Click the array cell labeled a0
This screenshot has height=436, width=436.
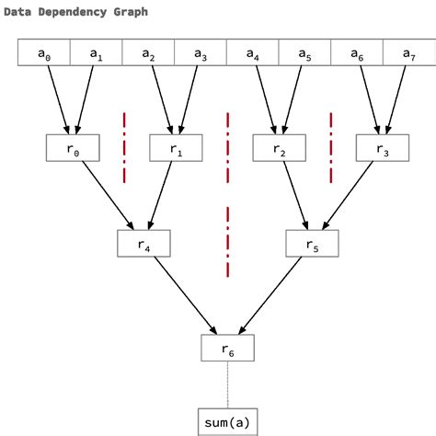coord(44,54)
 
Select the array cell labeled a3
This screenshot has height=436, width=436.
coord(201,54)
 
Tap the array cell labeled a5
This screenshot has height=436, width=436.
coord(304,54)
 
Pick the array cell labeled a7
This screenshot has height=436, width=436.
coord(408,54)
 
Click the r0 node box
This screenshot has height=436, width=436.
coord(71,148)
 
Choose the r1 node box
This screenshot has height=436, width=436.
coord(175,148)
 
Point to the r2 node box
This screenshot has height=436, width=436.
coord(279,148)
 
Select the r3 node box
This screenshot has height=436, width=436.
coord(383,148)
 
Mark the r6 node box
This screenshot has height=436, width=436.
coord(227,347)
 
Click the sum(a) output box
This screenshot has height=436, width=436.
coord(227,421)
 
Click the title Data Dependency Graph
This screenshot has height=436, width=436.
coord(75,12)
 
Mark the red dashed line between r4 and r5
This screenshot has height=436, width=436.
coord(227,241)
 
